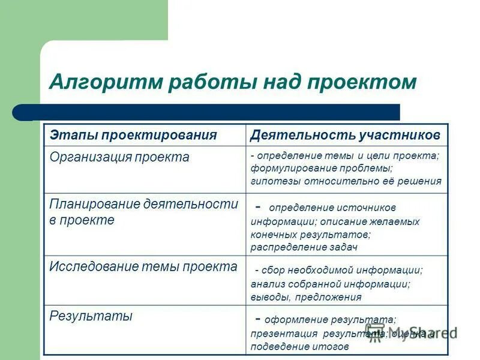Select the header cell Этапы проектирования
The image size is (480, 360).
(133, 134)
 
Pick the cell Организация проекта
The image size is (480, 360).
(119, 157)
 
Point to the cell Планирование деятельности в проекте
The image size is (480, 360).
(143, 212)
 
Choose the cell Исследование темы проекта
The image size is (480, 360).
(143, 266)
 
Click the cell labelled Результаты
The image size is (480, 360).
(91, 316)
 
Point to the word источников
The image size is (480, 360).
(365, 208)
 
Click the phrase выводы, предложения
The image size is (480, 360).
(306, 296)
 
